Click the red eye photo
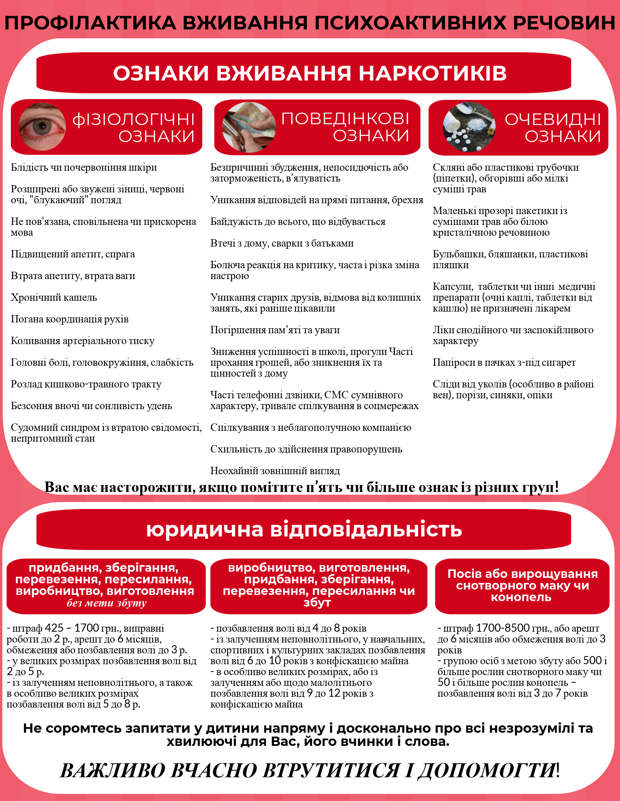42,127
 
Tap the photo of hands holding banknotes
249,127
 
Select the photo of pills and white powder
469,127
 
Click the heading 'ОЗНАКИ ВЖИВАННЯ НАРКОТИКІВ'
310,73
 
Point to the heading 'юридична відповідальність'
304,530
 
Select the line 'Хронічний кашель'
54,297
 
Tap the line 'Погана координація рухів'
70,319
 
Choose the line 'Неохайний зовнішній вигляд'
275,471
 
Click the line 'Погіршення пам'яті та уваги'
275,330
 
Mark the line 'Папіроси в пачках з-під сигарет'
504,362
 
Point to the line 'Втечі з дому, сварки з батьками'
282,243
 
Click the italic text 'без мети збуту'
107,603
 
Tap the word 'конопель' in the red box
521,597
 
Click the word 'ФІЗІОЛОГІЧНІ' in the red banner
133,120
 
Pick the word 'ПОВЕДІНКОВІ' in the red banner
345,119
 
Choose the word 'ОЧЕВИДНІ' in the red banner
553,120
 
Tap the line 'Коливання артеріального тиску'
83,341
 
